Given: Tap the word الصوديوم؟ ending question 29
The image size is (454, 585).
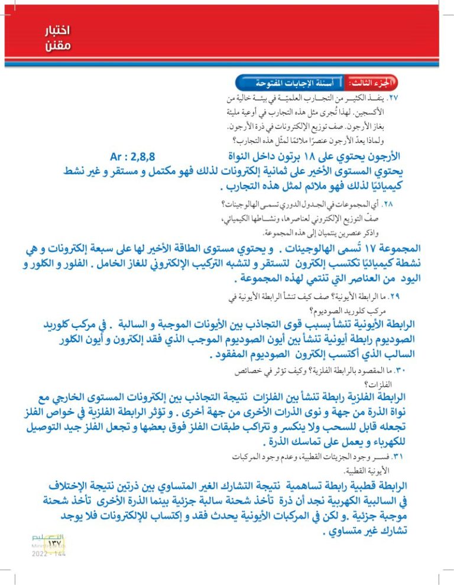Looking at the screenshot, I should click(x=323, y=308).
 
